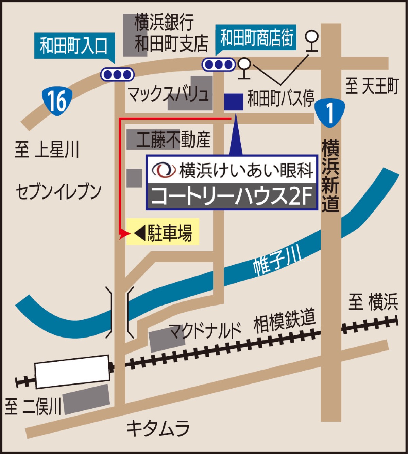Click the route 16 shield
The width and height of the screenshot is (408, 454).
[57, 101]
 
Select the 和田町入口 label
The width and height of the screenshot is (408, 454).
[73, 46]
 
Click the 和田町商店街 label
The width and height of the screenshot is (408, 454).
[256, 37]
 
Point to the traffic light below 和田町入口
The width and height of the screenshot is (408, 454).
[117, 74]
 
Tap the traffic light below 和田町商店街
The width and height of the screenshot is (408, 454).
[219, 64]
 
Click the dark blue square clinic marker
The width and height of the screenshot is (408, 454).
[234, 102]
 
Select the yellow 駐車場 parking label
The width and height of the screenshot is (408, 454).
[163, 233]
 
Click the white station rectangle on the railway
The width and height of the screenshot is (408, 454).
[72, 372]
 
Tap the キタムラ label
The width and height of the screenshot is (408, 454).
[158, 428]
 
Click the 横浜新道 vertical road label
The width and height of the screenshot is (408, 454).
[330, 175]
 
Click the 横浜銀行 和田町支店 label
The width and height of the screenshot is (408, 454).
[171, 33]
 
